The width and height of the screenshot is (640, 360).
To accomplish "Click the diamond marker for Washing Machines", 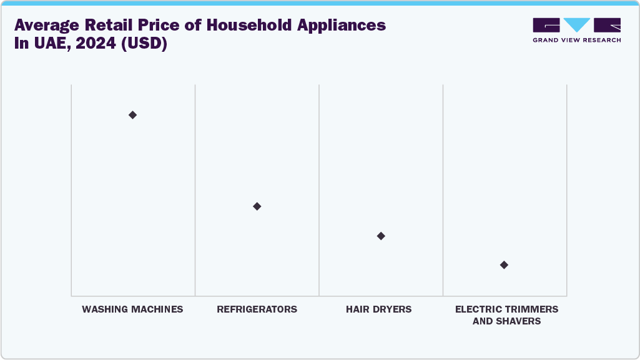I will (x=132, y=115).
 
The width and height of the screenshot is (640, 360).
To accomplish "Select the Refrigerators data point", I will (x=257, y=207).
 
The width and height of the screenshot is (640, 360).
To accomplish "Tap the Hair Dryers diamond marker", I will (x=381, y=236).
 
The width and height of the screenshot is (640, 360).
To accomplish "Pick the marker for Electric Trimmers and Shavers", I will (x=504, y=265).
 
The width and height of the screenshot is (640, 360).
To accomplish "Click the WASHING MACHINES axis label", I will (x=132, y=309).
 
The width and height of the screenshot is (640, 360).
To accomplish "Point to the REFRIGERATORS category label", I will (x=257, y=309).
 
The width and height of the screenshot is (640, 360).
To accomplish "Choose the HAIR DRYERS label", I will (x=378, y=309).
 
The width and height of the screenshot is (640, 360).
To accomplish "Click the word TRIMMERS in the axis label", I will (x=530, y=309).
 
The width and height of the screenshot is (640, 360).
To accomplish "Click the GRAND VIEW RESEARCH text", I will (x=576, y=40).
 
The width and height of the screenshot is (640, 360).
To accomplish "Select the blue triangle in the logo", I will (x=577, y=25).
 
